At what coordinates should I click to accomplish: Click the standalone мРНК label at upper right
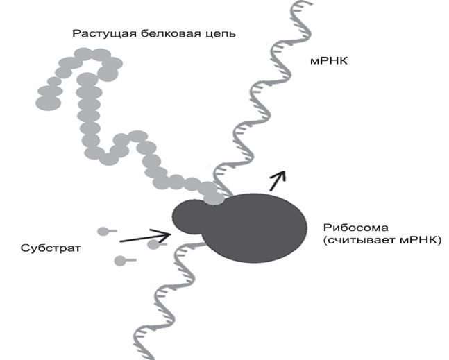[329, 61]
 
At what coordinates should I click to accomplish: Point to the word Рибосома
[356, 228]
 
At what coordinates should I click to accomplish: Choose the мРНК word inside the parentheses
[418, 240]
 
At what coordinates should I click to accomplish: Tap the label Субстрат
[51, 248]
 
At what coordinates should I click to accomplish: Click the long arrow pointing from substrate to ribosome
[146, 237]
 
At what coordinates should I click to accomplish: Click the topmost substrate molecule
[107, 231]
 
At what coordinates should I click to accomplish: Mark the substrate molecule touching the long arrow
[156, 244]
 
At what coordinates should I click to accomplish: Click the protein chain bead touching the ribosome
[214, 198]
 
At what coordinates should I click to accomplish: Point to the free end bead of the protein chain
[48, 103]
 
